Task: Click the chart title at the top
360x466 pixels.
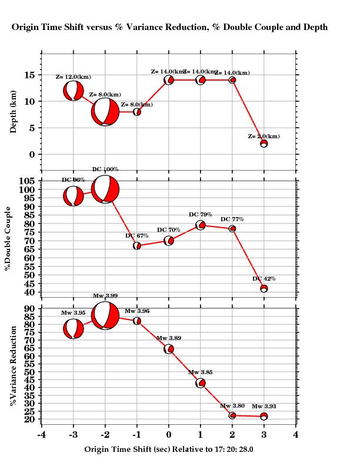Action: point(169,27)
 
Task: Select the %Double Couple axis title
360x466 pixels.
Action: point(8,239)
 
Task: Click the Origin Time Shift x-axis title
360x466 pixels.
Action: point(169,450)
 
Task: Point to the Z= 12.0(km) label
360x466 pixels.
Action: point(73,77)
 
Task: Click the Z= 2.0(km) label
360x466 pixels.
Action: point(264,137)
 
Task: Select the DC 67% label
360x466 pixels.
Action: point(136,236)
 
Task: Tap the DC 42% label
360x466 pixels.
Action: point(264,279)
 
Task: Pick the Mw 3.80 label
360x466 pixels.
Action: point(232,406)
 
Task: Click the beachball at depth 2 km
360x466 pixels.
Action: point(264,144)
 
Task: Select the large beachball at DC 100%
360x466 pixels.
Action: point(105,189)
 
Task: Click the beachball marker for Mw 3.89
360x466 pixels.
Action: point(169,349)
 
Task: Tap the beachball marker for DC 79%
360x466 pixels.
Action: point(201,225)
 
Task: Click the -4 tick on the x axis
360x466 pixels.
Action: point(41,435)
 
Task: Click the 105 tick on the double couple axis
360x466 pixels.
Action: point(29,181)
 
